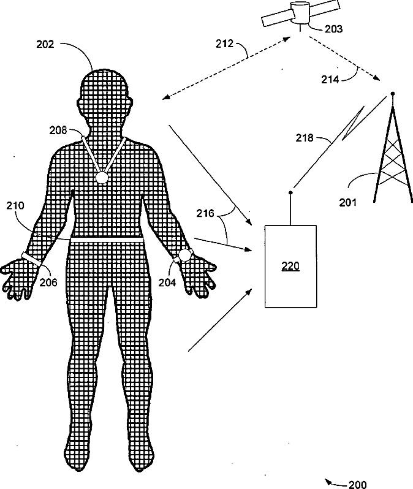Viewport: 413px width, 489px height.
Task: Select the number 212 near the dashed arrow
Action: pyautogui.click(x=225, y=44)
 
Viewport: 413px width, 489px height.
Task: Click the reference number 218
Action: pyautogui.click(x=305, y=138)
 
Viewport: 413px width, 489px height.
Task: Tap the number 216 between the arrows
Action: pyautogui.click(x=206, y=213)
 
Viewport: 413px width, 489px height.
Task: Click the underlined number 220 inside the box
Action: pyautogui.click(x=290, y=267)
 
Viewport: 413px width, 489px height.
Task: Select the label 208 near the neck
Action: pyautogui.click(x=58, y=129)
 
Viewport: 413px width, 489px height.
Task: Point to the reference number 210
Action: pyautogui.click(x=15, y=206)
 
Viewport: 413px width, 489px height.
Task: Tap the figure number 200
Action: pyautogui.click(x=357, y=485)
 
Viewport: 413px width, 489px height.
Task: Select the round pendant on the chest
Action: pyautogui.click(x=101, y=178)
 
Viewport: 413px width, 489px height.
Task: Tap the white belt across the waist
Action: pyautogui.click(x=107, y=241)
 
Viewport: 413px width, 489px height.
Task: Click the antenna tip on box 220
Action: pyautogui.click(x=290, y=194)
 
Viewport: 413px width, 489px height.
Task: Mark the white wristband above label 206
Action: pyautogui.click(x=31, y=259)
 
